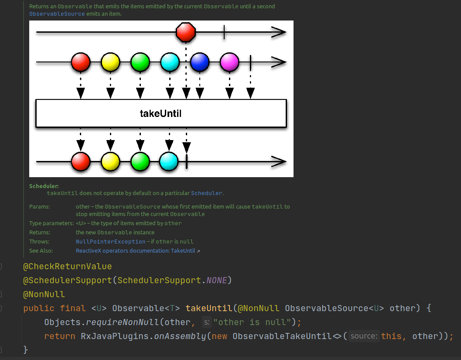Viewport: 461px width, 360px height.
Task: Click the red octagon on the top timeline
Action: pyautogui.click(x=186, y=32)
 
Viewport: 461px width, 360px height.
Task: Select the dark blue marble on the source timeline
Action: pyautogui.click(x=200, y=62)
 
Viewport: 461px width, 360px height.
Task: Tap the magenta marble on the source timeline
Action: pyautogui.click(x=229, y=62)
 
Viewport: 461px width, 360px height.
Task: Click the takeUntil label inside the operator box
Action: pyautogui.click(x=160, y=114)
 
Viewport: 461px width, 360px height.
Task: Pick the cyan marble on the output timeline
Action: pyautogui.click(x=169, y=161)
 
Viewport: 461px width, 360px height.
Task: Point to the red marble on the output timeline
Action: pyautogui.click(x=81, y=161)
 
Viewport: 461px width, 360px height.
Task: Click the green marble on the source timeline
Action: pyautogui.click(x=140, y=62)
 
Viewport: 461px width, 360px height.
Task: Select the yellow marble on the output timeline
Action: pyautogui.click(x=110, y=161)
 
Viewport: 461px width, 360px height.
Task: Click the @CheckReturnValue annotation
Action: pyautogui.click(x=68, y=266)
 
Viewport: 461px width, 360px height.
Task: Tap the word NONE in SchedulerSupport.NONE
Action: pyautogui.click(x=217, y=280)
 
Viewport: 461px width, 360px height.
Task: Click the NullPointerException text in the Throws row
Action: pyautogui.click(x=111, y=242)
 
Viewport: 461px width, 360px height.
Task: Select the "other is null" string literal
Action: pyautogui.click(x=253, y=322)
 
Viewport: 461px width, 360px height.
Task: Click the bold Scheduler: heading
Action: pyautogui.click(x=44, y=186)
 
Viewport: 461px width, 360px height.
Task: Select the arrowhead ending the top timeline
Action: pyautogui.click(x=278, y=32)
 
